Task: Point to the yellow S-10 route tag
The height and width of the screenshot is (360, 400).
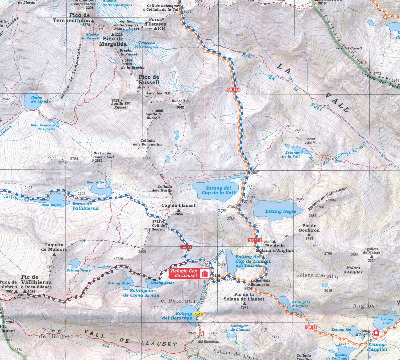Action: [199, 314]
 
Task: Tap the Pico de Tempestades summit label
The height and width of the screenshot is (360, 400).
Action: [71, 18]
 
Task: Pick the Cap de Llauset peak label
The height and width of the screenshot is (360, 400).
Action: [178, 206]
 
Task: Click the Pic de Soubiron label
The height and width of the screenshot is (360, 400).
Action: [309, 228]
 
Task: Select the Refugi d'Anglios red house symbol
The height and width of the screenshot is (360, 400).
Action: [376, 332]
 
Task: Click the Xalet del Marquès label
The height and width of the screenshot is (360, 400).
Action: [316, 141]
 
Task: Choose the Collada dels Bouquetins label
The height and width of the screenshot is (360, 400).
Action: [151, 142]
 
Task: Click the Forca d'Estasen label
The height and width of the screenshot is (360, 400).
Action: [155, 22]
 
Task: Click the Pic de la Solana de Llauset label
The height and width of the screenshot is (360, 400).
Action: [244, 297]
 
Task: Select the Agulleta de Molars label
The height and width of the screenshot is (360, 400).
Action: [371, 251]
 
